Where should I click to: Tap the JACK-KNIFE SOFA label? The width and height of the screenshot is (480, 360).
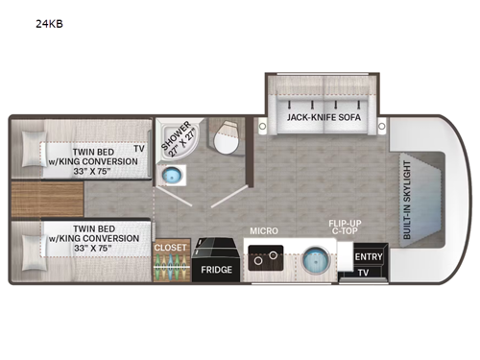coord(324,118)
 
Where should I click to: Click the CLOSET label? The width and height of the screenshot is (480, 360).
coord(171,247)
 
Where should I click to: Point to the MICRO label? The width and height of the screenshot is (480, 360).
coord(264,231)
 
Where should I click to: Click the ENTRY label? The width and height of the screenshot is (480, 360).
coord(369,256)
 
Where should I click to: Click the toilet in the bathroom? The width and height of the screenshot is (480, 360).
coord(227,138)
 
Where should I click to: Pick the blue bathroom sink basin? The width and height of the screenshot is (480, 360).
coord(173,175)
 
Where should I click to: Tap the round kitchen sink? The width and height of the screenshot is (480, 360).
coord(313,261)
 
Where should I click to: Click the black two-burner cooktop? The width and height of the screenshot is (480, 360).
coord(263,257)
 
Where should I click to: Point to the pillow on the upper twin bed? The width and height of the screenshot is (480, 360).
coord(32,151)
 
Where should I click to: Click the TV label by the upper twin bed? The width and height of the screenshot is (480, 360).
coord(139,149)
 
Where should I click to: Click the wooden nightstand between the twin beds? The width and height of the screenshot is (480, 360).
coord(48,199)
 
